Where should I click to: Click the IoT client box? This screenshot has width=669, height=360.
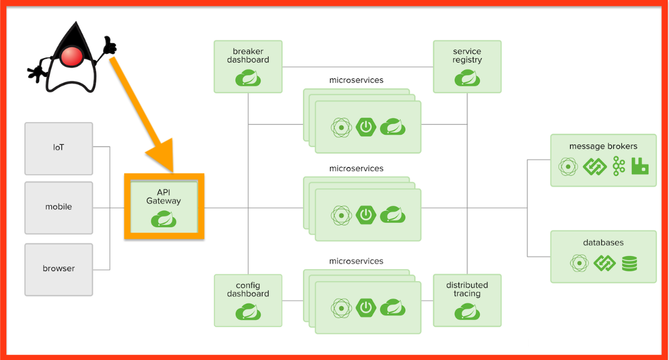(59, 148)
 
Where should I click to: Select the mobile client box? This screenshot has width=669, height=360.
(59, 207)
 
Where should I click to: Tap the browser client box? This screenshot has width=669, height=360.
(59, 269)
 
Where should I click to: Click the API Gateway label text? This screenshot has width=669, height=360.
(163, 196)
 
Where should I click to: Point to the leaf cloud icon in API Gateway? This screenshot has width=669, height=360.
(163, 219)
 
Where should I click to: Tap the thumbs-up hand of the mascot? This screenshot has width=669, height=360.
(110, 45)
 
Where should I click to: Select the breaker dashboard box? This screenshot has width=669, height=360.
(248, 66)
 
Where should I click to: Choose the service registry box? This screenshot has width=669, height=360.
(467, 66)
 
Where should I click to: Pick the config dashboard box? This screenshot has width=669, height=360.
(248, 300)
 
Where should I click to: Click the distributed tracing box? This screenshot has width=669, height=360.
(467, 300)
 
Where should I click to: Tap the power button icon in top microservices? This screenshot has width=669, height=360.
(366, 127)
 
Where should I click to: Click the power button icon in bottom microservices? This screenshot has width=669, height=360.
(366, 307)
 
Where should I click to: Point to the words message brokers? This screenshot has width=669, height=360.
(603, 147)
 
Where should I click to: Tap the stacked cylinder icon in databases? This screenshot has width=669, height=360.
(630, 263)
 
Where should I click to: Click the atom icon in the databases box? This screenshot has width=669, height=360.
(579, 263)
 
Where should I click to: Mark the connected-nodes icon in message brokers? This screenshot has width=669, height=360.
(619, 166)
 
